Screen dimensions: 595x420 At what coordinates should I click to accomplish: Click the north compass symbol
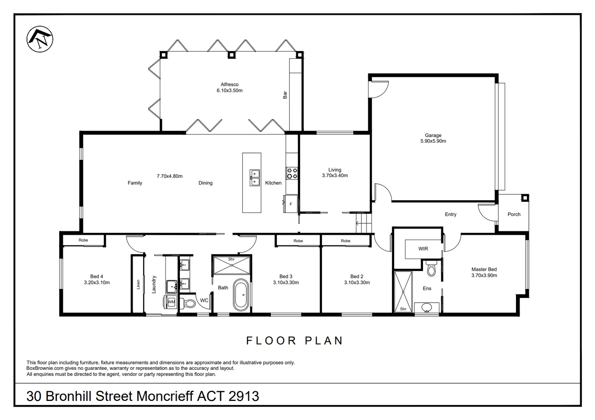pyautogui.click(x=40, y=39)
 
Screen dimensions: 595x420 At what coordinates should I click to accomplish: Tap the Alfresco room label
pyautogui.click(x=230, y=84)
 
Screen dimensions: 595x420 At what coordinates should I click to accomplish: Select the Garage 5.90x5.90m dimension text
pyautogui.click(x=433, y=141)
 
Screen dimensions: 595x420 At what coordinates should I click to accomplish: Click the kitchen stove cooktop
pyautogui.click(x=291, y=173)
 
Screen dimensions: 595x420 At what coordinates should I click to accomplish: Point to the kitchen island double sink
pyautogui.click(x=255, y=178)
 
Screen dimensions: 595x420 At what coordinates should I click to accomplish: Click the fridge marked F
pyautogui.click(x=291, y=204)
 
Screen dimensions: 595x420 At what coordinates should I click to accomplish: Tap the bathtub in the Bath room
pyautogui.click(x=241, y=295)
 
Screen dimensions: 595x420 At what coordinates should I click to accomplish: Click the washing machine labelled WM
pyautogui.click(x=170, y=302)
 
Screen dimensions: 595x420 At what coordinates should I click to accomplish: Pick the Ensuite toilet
pyautogui.click(x=431, y=268)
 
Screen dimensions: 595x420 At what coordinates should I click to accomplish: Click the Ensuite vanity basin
pyautogui.click(x=427, y=308)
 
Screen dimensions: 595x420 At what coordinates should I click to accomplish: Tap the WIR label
pyautogui.click(x=423, y=249)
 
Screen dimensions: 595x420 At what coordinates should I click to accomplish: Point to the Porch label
pyautogui.click(x=514, y=214)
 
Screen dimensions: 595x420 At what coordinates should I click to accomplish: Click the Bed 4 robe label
pyautogui.click(x=83, y=240)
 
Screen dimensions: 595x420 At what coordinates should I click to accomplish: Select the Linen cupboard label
pyautogui.click(x=138, y=284)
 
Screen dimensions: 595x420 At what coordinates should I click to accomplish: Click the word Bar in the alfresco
pyautogui.click(x=285, y=95)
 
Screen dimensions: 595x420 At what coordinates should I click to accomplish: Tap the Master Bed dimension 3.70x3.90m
pyautogui.click(x=484, y=275)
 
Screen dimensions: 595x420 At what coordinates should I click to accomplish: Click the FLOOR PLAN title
pyautogui.click(x=294, y=341)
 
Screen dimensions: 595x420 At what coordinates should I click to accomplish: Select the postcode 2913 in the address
pyautogui.click(x=244, y=396)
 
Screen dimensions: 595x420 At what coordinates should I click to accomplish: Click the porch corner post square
pyautogui.click(x=525, y=198)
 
